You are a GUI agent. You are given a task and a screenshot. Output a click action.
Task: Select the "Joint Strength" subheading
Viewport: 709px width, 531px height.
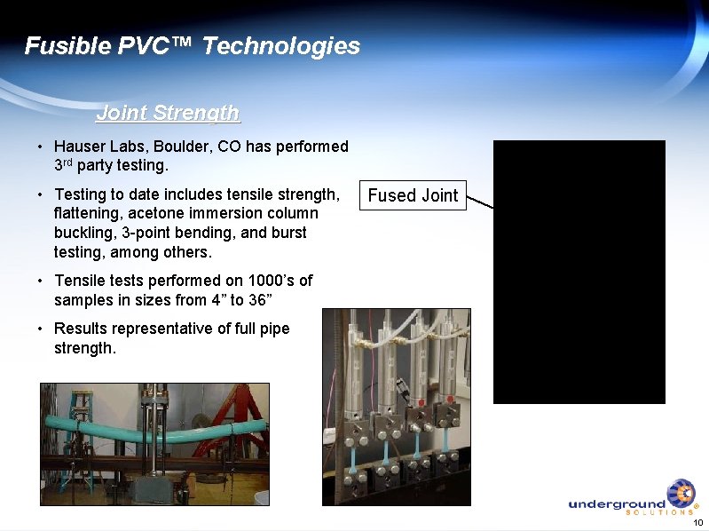(168, 113)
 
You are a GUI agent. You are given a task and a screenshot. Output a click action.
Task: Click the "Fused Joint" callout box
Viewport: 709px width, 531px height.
(413, 196)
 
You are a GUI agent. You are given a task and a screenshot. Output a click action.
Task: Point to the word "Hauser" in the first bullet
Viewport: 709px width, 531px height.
(82, 147)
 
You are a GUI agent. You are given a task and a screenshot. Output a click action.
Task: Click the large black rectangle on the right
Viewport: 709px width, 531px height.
(579, 272)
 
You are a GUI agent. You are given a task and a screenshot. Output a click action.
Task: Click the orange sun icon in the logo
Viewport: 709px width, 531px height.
(681, 493)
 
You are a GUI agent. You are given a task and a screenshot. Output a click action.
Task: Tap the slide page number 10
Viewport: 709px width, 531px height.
(697, 522)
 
